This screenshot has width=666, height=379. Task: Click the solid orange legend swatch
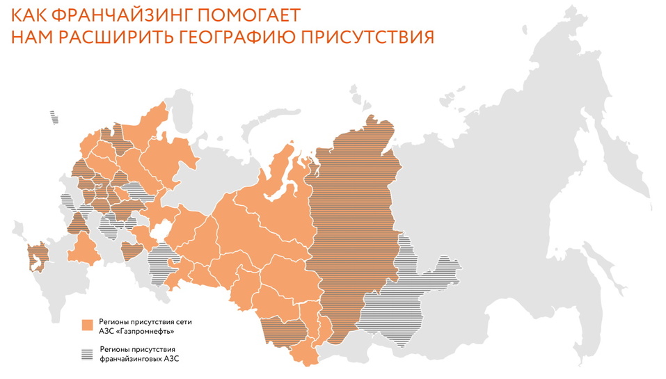tap(88, 325)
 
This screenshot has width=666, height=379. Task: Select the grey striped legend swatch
tap(88, 353)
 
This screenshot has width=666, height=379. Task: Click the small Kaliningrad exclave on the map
tap(54, 118)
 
